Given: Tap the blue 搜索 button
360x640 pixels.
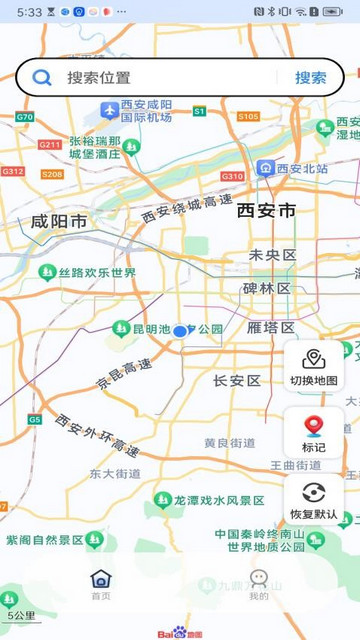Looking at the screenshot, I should coord(310,78).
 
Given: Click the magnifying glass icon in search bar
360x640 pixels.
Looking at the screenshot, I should coord(42,78).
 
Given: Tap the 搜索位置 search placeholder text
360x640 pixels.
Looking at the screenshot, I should coord(99,78).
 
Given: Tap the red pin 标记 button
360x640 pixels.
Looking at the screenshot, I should coord(314,433).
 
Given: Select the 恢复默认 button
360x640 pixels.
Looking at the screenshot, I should coord(314,499).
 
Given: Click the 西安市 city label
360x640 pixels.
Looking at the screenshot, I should coord(267,211).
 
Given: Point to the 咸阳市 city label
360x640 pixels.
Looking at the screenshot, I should coord(58,222).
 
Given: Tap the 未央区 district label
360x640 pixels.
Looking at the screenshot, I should coord(273,256).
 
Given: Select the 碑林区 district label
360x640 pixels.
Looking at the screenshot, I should coord(267,289).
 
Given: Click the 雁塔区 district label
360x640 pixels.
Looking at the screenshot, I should coord(271,328).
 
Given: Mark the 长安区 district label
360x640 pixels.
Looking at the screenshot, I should coord(237,381).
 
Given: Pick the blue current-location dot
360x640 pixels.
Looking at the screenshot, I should coord(180,331).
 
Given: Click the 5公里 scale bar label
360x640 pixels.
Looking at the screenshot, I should coord(21,616).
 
